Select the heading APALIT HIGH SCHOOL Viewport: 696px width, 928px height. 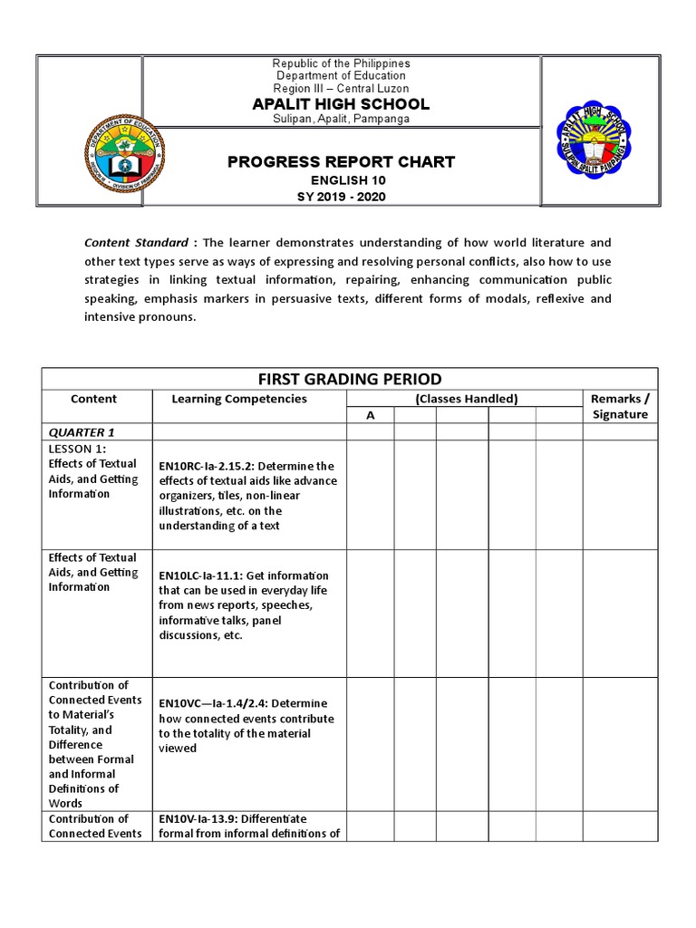(341, 104)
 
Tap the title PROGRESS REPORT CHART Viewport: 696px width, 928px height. (341, 162)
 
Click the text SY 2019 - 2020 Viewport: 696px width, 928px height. (341, 197)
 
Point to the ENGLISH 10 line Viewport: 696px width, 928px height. (341, 181)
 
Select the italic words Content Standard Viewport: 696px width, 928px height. (136, 243)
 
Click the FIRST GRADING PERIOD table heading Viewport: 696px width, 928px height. (350, 379)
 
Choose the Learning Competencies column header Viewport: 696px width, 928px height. (239, 399)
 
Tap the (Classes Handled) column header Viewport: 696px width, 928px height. (465, 399)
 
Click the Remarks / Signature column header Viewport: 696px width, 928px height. (620, 406)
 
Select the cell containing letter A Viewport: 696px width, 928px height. (370, 414)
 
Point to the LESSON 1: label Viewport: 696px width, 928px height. (78, 449)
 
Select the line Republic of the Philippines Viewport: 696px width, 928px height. (341, 63)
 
